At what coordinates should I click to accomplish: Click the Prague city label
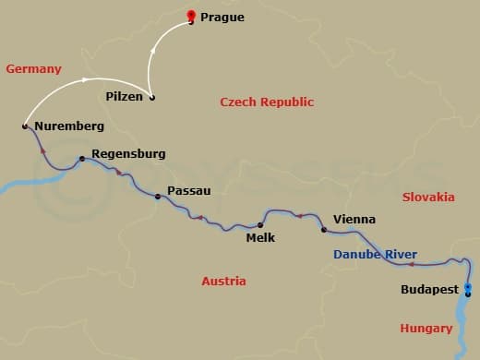[x=222, y=16]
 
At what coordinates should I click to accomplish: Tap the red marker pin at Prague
[x=191, y=15]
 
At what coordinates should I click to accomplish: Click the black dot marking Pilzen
[x=152, y=98]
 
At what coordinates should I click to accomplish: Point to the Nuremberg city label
[x=68, y=126]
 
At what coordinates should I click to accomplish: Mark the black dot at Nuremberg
[x=25, y=125]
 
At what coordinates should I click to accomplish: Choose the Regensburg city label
[x=128, y=156]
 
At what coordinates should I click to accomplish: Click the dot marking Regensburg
[x=82, y=159]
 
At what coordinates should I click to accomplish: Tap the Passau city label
[x=188, y=191]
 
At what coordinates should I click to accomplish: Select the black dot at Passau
[x=158, y=195]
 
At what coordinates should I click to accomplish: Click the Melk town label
[x=260, y=237]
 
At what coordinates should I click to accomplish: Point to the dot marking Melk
[x=260, y=224]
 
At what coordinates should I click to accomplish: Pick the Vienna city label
[x=354, y=220]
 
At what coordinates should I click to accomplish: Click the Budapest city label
[x=429, y=290]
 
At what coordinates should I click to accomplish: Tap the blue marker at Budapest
[x=468, y=290]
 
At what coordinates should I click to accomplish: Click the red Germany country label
[x=33, y=69]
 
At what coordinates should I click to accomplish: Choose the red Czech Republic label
[x=267, y=102]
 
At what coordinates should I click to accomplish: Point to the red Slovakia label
[x=428, y=197]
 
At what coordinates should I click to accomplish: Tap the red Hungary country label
[x=426, y=328]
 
